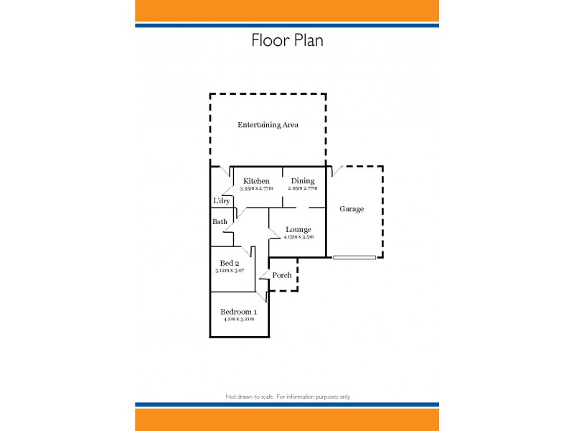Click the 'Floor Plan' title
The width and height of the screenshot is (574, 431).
(x=287, y=40)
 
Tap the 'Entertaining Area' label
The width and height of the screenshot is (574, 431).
(x=268, y=125)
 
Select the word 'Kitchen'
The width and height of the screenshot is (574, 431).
(x=256, y=181)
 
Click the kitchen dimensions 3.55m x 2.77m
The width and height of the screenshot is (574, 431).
(x=256, y=188)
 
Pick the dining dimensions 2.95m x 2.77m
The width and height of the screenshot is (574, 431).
(x=303, y=188)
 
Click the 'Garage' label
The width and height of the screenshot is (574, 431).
(x=352, y=209)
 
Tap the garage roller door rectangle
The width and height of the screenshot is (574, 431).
(x=354, y=256)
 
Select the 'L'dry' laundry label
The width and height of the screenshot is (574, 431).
(x=221, y=201)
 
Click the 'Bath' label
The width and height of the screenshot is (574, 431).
(x=220, y=222)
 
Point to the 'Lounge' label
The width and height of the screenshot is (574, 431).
(x=298, y=230)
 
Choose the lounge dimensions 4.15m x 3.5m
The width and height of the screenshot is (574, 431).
(x=298, y=237)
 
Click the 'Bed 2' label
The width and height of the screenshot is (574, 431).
(x=230, y=263)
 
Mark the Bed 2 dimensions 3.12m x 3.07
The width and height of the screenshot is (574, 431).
(x=230, y=271)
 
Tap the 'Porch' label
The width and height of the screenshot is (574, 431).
(x=282, y=275)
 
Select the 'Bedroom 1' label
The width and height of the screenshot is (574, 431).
(x=238, y=311)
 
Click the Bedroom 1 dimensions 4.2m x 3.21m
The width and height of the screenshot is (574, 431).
(x=238, y=318)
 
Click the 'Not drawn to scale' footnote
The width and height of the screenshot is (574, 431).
(x=288, y=397)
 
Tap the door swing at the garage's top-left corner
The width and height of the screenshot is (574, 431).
(x=336, y=171)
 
